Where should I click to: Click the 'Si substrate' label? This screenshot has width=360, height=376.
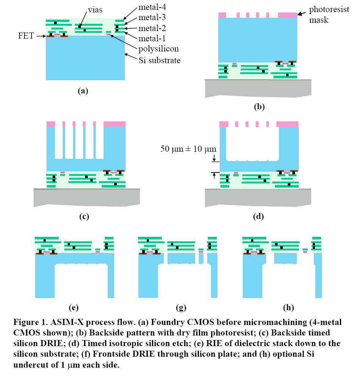click(160, 60)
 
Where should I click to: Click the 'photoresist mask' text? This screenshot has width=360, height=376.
click(323, 15)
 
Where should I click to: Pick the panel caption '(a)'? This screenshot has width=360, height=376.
click(82, 91)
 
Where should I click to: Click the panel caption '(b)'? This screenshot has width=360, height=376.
click(259, 107)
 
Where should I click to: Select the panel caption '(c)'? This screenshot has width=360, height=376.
click(84, 216)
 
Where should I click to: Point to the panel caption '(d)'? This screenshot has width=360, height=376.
click(259, 216)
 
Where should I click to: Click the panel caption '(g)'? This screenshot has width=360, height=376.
click(181, 307)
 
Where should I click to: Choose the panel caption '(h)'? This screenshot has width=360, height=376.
click(289, 307)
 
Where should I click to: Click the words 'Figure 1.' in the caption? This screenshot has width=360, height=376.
click(30, 323)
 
